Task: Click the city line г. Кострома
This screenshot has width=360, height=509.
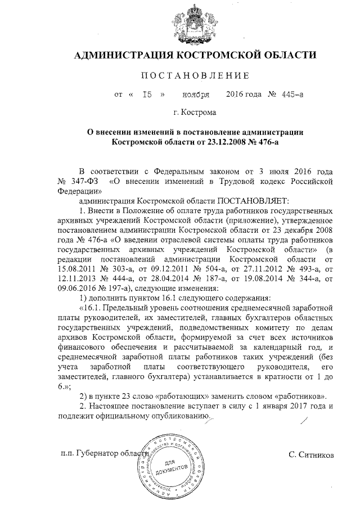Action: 195,112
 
